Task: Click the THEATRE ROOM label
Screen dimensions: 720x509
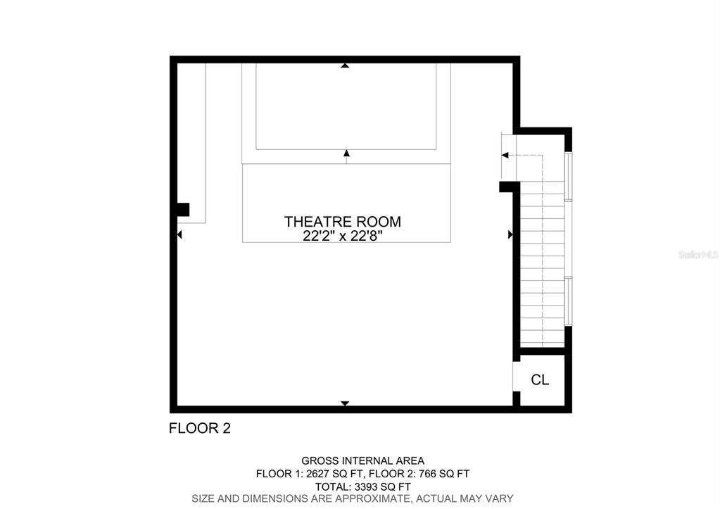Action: tap(343, 222)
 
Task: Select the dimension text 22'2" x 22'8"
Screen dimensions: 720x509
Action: tap(343, 236)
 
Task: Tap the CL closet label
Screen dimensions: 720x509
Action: tap(540, 380)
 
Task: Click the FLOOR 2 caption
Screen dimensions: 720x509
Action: tap(200, 428)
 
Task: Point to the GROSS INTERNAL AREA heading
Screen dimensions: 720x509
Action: tap(362, 460)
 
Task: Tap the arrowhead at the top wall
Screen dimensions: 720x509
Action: tap(346, 65)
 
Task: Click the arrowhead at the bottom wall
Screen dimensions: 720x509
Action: tap(345, 403)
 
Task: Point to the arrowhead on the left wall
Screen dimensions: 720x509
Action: tap(179, 234)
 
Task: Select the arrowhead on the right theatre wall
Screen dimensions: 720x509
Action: tap(510, 234)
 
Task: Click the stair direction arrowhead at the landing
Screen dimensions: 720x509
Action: tap(505, 156)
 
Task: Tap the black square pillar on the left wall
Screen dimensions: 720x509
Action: tap(183, 210)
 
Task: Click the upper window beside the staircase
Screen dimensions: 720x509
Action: tap(568, 177)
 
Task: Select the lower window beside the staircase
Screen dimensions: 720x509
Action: tap(568, 301)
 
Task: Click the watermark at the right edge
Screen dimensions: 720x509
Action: tap(698, 254)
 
